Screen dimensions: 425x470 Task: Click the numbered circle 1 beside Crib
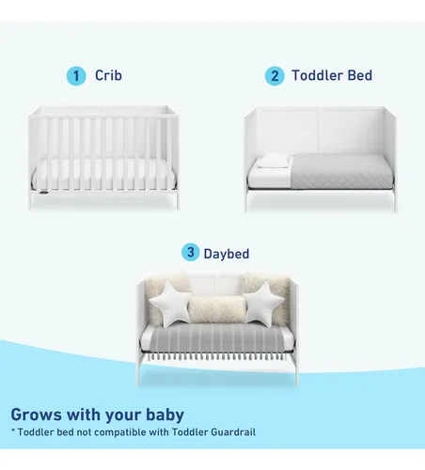click(x=76, y=76)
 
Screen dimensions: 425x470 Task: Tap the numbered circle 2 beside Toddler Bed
click(x=275, y=76)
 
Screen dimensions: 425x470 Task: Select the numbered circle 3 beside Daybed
click(x=190, y=252)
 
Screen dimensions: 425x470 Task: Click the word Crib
click(x=108, y=75)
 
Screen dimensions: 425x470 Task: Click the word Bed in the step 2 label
click(x=360, y=75)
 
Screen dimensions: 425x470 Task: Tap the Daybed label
click(x=227, y=254)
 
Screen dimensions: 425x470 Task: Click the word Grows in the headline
click(x=37, y=415)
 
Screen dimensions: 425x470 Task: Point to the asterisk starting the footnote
click(x=13, y=431)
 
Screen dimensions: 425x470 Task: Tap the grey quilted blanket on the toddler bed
click(x=340, y=172)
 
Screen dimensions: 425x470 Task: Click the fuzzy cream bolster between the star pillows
click(x=217, y=309)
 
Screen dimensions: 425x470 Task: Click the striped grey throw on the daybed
click(x=217, y=341)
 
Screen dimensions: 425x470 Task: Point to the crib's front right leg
click(x=178, y=199)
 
